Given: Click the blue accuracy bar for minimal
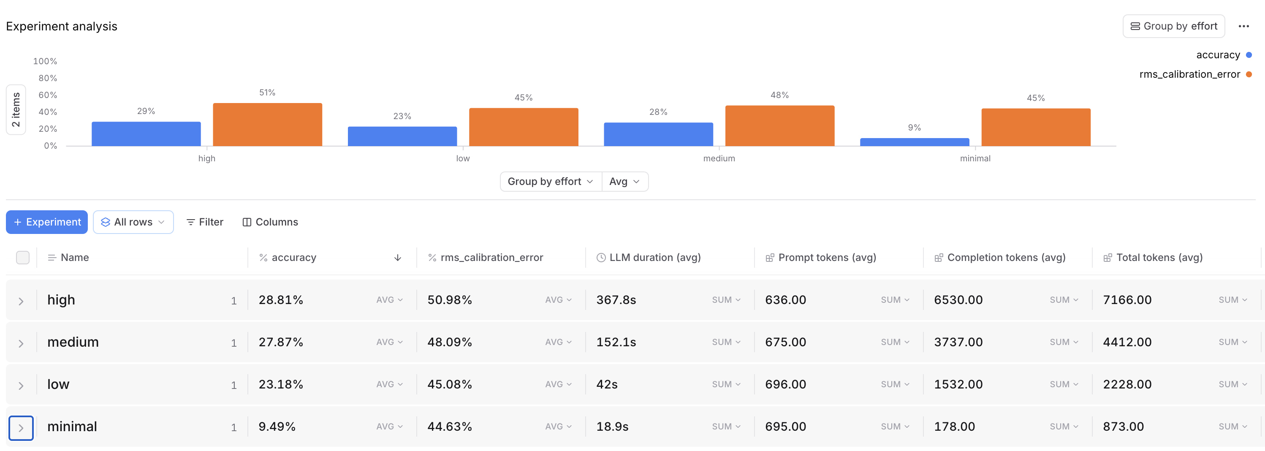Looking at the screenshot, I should pyautogui.click(x=915, y=142).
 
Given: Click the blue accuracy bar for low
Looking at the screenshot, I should pyautogui.click(x=402, y=136).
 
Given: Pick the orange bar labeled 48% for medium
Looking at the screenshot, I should pyautogui.click(x=779, y=126).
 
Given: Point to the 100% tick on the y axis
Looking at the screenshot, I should pyautogui.click(x=45, y=61).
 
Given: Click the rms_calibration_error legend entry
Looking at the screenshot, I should pyautogui.click(x=1189, y=74).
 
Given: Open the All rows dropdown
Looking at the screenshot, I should pyautogui.click(x=133, y=222).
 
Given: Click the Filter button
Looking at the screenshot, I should pyautogui.click(x=205, y=222).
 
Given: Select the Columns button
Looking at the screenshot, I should pyautogui.click(x=270, y=222).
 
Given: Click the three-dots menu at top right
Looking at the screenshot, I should pyautogui.click(x=1243, y=27).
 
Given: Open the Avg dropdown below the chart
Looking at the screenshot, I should pyautogui.click(x=624, y=182).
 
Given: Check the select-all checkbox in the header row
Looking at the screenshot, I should pyautogui.click(x=23, y=258).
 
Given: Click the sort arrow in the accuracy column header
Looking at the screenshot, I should pyautogui.click(x=398, y=258).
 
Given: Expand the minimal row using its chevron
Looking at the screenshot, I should pyautogui.click(x=21, y=428).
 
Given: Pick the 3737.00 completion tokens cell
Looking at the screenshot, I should pyautogui.click(x=958, y=342).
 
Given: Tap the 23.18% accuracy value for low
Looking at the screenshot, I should pyautogui.click(x=280, y=385).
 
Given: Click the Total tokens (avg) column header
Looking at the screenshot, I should pyautogui.click(x=1159, y=258).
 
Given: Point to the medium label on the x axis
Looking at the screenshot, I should pyautogui.click(x=719, y=159).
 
